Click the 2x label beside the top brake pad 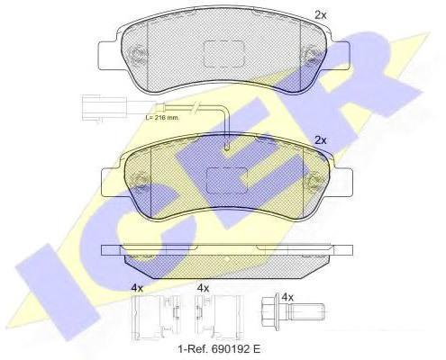(320, 15)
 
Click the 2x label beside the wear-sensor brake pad (320, 140)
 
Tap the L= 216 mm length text (162, 118)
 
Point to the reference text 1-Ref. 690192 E (219, 349)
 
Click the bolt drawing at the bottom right (293, 311)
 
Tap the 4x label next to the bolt (287, 297)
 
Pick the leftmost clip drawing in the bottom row (157, 317)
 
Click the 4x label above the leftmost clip (137, 288)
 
